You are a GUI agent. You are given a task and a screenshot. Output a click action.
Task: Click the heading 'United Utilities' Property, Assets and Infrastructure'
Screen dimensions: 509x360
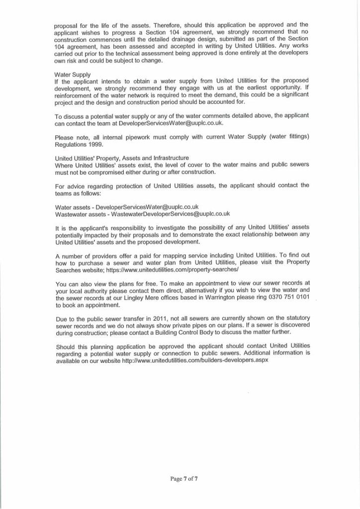pyautogui.click(x=121, y=158)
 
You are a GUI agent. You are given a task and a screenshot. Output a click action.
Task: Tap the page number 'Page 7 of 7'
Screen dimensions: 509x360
pyautogui.click(x=183, y=479)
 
